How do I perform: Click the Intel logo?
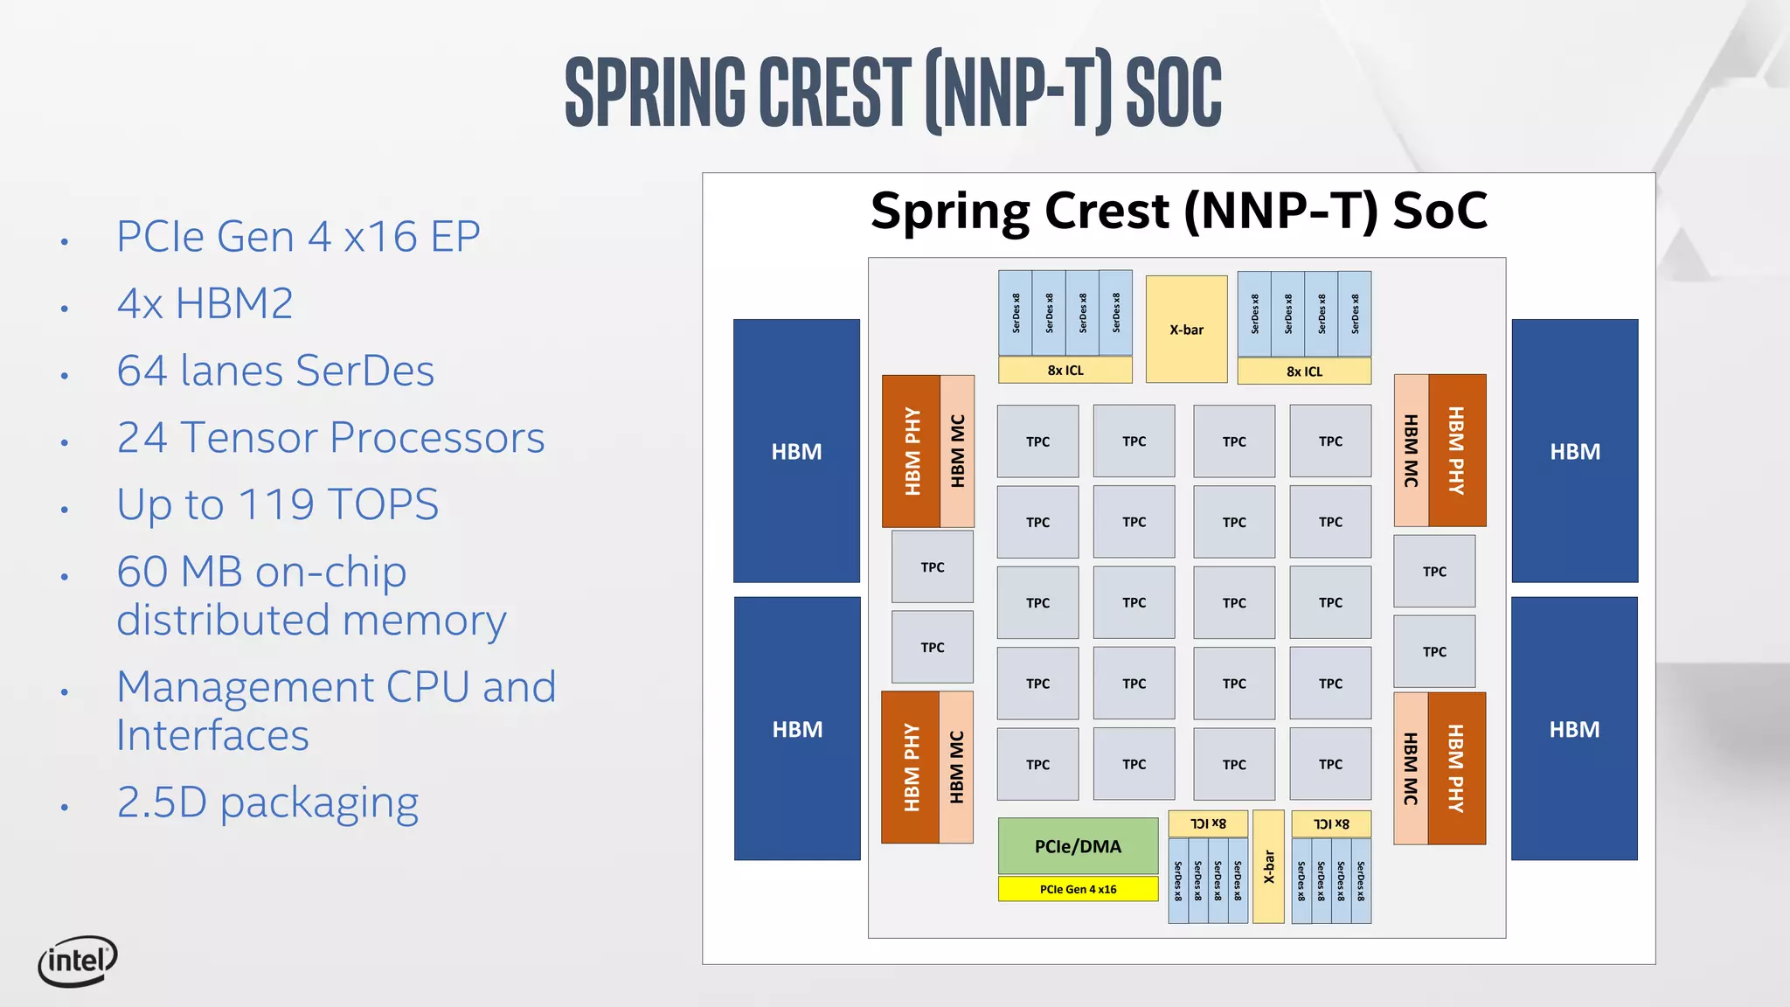(x=78, y=961)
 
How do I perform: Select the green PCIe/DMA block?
(x=1078, y=845)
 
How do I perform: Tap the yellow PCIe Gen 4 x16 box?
(x=1078, y=889)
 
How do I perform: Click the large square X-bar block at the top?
(x=1186, y=330)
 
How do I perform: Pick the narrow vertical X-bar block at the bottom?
(x=1268, y=866)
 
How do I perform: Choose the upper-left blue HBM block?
(x=796, y=451)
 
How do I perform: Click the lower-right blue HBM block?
(x=1574, y=729)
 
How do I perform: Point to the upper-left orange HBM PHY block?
(x=912, y=451)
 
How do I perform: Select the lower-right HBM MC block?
(x=1411, y=768)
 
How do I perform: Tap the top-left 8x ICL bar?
(x=1065, y=370)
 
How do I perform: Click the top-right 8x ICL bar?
(x=1304, y=372)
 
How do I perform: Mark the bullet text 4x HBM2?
(x=205, y=304)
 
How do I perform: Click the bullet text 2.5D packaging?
(x=267, y=802)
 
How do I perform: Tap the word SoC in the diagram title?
(x=1440, y=211)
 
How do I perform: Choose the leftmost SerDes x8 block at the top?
(x=1016, y=313)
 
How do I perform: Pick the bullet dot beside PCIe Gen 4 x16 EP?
(x=65, y=241)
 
